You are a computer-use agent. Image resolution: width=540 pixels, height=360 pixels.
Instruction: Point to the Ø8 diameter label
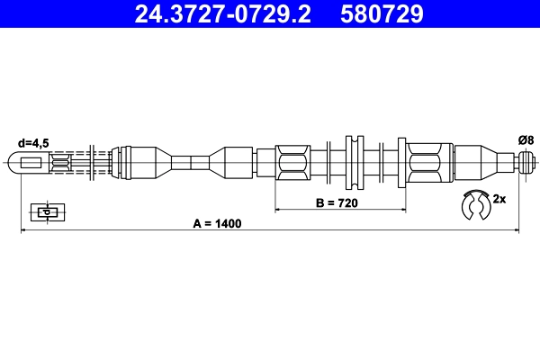point(526,139)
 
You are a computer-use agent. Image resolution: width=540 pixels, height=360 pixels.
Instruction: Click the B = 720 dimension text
point(337,203)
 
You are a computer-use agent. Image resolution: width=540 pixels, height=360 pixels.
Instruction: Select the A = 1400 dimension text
point(217,223)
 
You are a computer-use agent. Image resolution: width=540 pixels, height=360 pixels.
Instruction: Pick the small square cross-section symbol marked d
point(44,211)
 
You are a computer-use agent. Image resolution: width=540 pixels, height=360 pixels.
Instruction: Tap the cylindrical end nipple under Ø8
point(528,163)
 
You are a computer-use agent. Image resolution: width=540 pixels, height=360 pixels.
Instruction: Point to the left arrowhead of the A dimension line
point(22,231)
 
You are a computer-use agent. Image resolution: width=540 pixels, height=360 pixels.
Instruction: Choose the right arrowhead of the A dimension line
point(517,231)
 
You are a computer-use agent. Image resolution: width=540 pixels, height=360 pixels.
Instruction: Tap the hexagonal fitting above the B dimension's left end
point(293,163)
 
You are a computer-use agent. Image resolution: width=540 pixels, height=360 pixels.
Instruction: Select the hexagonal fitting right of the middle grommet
point(425,163)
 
